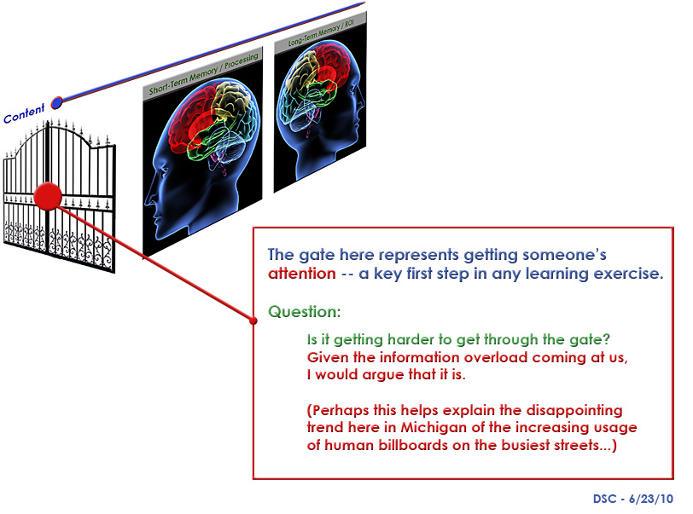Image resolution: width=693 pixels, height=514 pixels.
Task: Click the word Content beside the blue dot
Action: [x=24, y=113]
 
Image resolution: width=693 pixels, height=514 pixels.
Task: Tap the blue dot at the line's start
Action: [x=57, y=103]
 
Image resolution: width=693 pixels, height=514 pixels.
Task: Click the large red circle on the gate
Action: [x=48, y=196]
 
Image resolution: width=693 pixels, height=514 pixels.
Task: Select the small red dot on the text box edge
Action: [x=253, y=321]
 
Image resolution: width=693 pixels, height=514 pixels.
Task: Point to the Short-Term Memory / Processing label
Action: [x=204, y=74]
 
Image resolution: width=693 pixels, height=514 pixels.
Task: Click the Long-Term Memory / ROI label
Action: [x=321, y=33]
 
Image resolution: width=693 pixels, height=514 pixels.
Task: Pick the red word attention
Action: [x=302, y=274]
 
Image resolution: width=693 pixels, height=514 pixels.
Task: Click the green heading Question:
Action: [x=305, y=312]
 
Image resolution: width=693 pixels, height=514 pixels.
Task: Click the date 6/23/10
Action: [x=651, y=499]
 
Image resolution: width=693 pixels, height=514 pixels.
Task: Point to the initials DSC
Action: [x=604, y=499]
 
